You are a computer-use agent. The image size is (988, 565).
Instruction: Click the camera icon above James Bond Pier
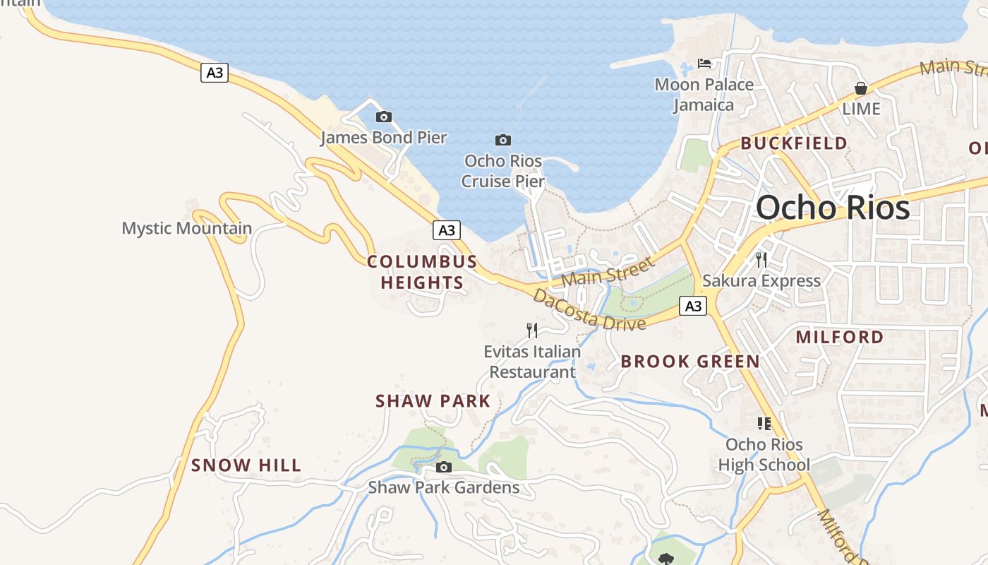pos(384,117)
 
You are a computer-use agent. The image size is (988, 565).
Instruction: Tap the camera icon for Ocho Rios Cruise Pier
pos(503,140)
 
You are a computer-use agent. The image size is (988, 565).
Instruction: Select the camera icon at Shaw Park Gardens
pos(444,467)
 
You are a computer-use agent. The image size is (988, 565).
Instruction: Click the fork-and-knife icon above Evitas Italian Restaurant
pos(532,330)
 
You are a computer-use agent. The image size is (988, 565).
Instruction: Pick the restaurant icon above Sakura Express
pos(761,260)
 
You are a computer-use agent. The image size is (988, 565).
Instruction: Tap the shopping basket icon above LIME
pos(861,88)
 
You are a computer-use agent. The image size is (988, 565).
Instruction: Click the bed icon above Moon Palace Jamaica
pos(704,64)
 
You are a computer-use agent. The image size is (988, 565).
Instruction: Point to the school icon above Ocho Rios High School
pos(764,424)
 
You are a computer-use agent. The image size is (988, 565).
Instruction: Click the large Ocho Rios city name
pos(833,208)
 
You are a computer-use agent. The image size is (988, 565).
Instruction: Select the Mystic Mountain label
pos(187,228)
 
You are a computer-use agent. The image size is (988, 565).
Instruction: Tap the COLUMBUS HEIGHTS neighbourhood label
pos(422,272)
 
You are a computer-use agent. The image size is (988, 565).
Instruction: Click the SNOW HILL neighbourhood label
pos(246,465)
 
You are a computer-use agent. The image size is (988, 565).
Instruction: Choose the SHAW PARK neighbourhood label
pos(433,401)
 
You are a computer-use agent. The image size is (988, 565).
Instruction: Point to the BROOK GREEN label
pos(690,362)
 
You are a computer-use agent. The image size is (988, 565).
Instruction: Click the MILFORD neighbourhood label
pos(840,337)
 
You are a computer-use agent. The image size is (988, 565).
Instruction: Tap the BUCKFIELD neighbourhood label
pos(794,143)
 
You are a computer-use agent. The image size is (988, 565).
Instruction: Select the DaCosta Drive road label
pos(589,310)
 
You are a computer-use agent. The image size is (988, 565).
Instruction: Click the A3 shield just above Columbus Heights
pos(446,230)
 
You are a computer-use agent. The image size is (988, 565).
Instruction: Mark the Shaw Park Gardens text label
pos(444,487)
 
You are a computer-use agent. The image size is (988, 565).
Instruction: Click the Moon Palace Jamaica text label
pos(704,95)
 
